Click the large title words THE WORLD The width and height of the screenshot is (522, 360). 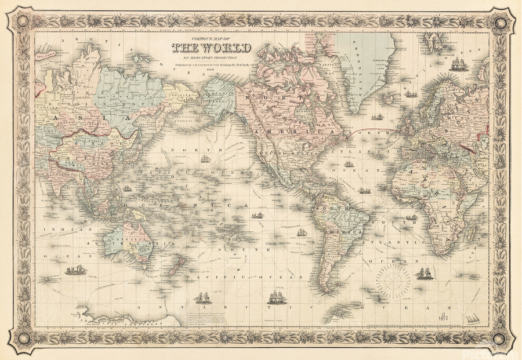click(211, 48)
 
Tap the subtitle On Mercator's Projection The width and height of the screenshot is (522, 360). click(211, 58)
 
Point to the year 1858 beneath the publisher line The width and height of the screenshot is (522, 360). click(211, 71)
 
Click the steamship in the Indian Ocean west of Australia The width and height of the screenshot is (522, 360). click(75, 270)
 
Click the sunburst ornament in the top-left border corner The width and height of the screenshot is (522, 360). click(21, 22)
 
